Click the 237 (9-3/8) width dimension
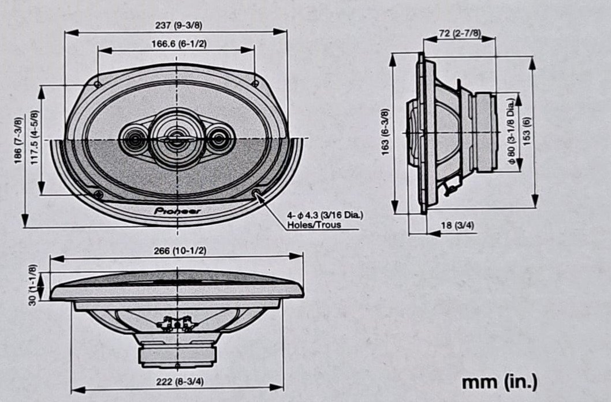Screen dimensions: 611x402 click(179, 26)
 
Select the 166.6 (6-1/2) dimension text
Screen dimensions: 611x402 click(179, 44)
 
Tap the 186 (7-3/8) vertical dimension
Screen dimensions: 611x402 click(18, 141)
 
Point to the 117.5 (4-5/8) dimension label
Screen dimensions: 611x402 click(35, 137)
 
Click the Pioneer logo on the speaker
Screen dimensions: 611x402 click(177, 211)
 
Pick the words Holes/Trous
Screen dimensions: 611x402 click(314, 225)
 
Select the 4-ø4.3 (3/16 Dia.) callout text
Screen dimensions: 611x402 click(325, 215)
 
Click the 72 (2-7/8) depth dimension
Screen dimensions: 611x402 click(460, 33)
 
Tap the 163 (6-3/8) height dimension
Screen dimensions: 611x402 click(385, 132)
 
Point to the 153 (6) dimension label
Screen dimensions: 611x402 click(527, 131)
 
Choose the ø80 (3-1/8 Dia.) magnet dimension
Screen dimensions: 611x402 click(511, 131)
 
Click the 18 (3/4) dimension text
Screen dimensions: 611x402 click(457, 226)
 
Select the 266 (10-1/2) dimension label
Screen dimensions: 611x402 click(180, 251)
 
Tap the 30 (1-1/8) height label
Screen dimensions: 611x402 click(33, 285)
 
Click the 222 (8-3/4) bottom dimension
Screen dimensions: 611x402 click(180, 382)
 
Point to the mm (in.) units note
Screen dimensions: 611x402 click(500, 382)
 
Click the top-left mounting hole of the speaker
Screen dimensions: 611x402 click(98, 84)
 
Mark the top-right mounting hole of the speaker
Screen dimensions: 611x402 click(255, 83)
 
